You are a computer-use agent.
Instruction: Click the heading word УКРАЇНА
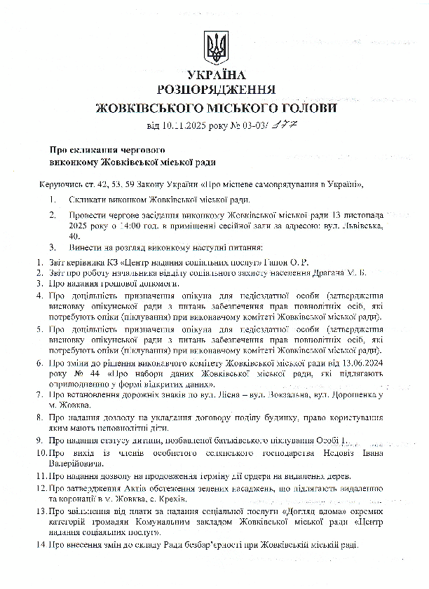click(215, 75)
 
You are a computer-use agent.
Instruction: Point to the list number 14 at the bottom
click(40, 544)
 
